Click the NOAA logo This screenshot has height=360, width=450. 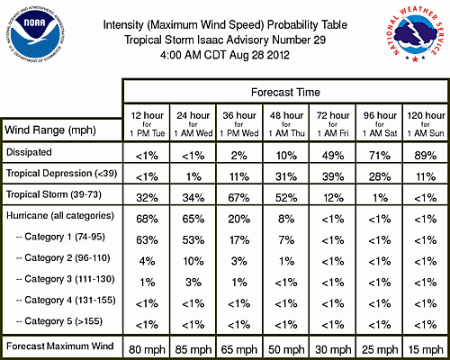pos(35,34)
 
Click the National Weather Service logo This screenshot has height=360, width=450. pos(416,34)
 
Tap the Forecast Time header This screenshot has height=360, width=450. pos(285,92)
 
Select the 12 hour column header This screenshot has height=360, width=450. pos(147,123)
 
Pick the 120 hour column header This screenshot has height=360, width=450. pos(426,123)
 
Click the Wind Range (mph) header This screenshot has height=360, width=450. pos(50,130)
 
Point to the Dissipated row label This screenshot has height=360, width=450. pos(29,152)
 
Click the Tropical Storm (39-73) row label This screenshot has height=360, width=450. pos(54,194)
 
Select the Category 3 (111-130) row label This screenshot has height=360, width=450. pos(66,279)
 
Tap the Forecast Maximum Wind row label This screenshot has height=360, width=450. pos(60,346)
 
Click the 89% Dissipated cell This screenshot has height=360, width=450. pos(426,156)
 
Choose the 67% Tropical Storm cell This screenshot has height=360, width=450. pos(238,198)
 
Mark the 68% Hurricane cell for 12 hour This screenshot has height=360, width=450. pos(147,219)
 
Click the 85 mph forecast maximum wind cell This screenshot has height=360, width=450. pos(193,349)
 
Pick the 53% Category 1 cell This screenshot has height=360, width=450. pos(193,240)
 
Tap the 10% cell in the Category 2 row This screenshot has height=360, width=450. pos(193,261)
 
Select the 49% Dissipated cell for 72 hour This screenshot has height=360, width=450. pos(333,156)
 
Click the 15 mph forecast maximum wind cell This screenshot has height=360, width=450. pos(426,349)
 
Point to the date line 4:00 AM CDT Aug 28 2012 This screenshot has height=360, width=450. pos(225,55)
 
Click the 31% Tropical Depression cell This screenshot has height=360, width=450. pos(286,176)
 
